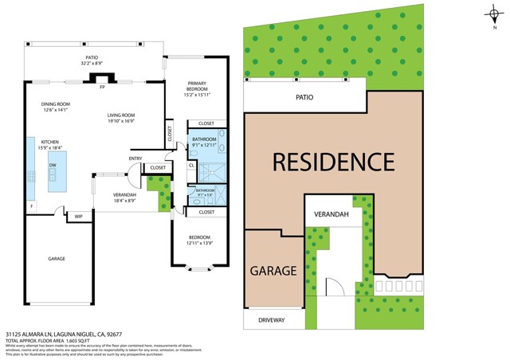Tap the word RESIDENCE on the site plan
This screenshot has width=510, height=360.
[334, 162]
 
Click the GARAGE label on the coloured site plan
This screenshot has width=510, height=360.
[274, 271]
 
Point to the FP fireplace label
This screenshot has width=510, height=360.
[102, 87]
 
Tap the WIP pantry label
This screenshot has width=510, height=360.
[79, 216]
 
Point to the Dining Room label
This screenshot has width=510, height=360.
[57, 104]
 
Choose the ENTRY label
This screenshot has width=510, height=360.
[135, 158]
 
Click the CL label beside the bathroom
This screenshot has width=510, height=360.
[191, 166]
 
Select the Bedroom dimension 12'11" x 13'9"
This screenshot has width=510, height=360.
[199, 243]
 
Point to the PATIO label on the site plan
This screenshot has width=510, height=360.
[304, 97]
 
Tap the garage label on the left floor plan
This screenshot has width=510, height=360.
[56, 258]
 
